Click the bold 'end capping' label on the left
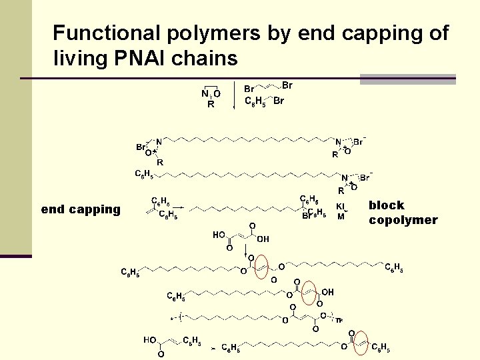pos(81,209)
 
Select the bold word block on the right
pos(387,205)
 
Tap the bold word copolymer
pos(403,220)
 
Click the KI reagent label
pos(341,207)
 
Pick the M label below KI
pos(341,216)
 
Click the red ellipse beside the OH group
pos(309,292)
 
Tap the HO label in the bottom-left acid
pos(149,340)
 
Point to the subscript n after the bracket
pos(339,320)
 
